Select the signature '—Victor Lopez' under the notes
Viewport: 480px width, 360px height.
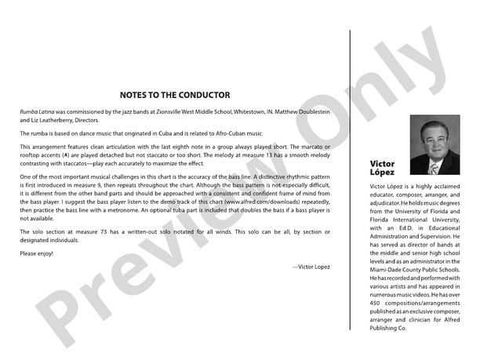[x=311, y=267]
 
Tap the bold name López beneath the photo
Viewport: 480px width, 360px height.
[x=382, y=172]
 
